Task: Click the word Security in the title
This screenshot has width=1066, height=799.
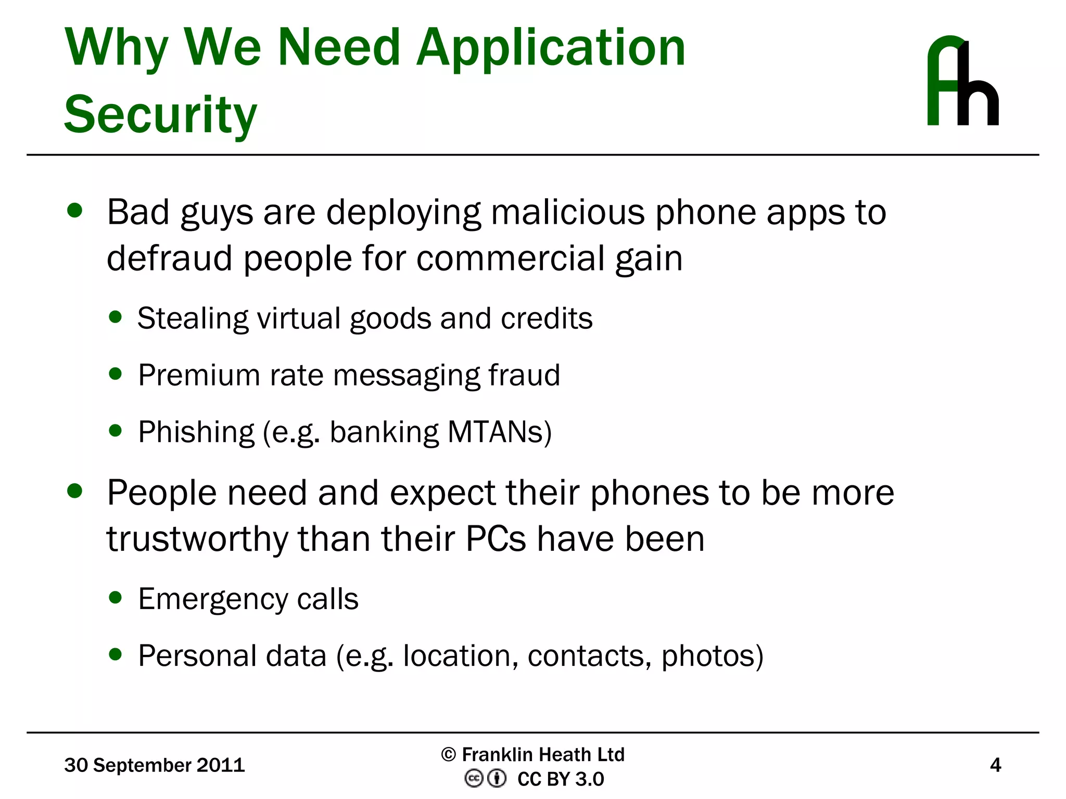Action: [160, 114]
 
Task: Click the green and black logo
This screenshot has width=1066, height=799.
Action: [962, 81]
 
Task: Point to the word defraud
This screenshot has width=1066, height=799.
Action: [170, 258]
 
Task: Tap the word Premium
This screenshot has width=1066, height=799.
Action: [199, 375]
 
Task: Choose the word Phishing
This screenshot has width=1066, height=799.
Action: [196, 432]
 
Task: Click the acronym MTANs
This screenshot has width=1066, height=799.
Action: [499, 432]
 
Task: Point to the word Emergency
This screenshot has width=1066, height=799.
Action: [212, 599]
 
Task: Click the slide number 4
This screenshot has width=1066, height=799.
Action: [995, 765]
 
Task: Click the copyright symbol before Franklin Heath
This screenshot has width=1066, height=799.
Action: [448, 754]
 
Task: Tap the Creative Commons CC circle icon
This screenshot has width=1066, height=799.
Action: [473, 779]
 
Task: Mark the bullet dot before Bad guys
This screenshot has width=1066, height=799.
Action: [75, 210]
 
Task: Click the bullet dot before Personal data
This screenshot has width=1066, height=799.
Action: [116, 654]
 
